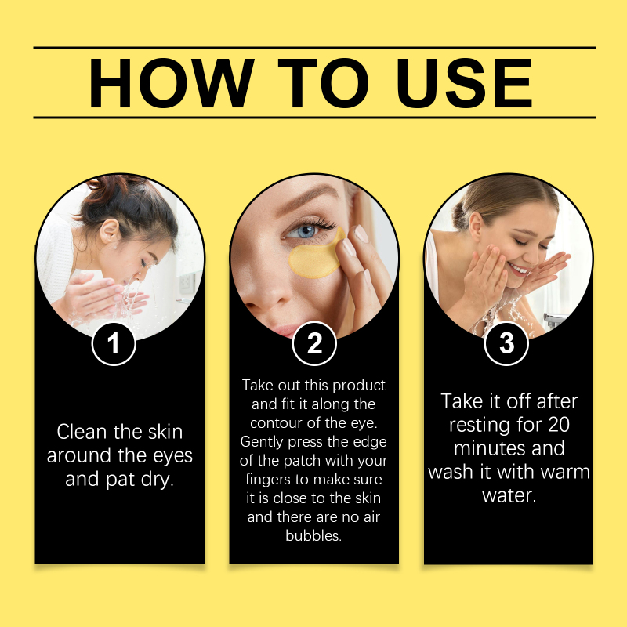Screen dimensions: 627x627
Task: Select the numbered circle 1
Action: pyautogui.click(x=114, y=343)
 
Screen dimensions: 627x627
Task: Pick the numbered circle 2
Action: pyautogui.click(x=314, y=343)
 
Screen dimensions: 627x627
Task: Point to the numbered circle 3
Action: pyautogui.click(x=506, y=343)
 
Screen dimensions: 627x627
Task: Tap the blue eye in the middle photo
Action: pyautogui.click(x=306, y=231)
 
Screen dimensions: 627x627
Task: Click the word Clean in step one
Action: pyautogui.click(x=82, y=432)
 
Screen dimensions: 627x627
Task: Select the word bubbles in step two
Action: pyautogui.click(x=313, y=535)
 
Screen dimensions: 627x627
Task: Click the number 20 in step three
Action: pyautogui.click(x=559, y=425)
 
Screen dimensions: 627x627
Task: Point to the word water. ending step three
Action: pyautogui.click(x=509, y=496)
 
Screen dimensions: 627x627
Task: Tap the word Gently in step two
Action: pyautogui.click(x=262, y=442)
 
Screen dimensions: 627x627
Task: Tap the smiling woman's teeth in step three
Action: pyautogui.click(x=518, y=269)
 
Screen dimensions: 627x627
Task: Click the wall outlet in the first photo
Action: pyautogui.click(x=186, y=283)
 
